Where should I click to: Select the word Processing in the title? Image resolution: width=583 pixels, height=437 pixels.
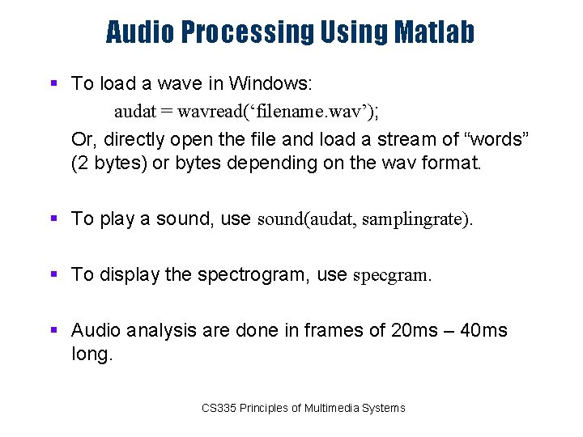[x=246, y=32]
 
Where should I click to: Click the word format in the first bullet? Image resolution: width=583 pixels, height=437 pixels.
[x=448, y=163]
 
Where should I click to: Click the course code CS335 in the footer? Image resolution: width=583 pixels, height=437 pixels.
[x=219, y=408]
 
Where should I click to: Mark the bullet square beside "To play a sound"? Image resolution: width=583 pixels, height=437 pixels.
[x=53, y=218]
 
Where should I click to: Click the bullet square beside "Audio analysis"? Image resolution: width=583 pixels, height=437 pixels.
[x=53, y=330]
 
